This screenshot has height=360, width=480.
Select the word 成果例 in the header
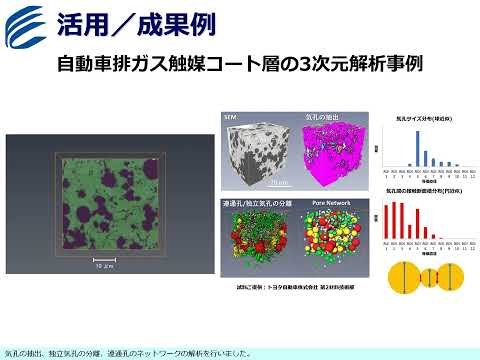tap(163, 21)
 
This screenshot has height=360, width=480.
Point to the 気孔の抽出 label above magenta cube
tap(321, 118)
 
